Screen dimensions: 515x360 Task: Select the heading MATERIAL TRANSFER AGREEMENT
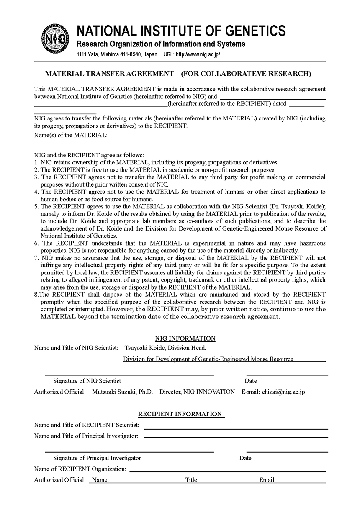(x=109, y=74)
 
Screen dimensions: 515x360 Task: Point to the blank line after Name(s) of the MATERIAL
(x=209, y=137)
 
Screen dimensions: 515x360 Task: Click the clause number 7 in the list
(x=36, y=258)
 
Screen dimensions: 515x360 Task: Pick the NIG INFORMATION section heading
(x=185, y=338)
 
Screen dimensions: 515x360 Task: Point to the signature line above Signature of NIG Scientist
(x=129, y=375)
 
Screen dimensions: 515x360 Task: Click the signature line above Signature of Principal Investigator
(x=129, y=452)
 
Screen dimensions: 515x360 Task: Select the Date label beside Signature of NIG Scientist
(x=251, y=381)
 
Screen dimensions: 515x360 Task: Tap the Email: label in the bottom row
(x=267, y=480)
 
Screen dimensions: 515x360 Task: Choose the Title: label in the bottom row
(x=192, y=480)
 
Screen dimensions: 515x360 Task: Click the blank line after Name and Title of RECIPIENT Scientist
(x=236, y=428)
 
